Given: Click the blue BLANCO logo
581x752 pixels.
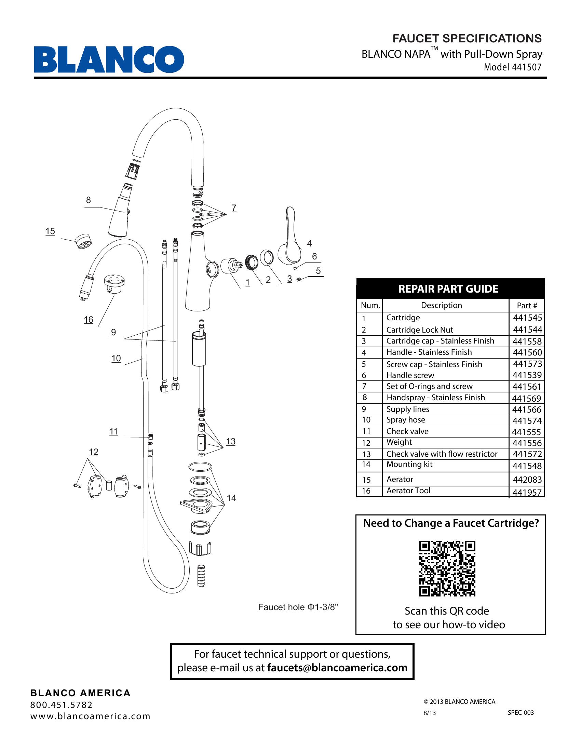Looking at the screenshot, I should pos(109,59).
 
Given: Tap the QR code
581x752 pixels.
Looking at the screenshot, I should pos(447,568).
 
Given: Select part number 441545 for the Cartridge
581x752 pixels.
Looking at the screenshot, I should pos(527,318).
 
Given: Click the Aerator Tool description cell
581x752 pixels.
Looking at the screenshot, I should pos(408,490).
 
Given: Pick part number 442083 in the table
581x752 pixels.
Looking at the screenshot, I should pos(527,479).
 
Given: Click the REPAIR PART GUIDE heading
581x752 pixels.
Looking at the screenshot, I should pos(448,288).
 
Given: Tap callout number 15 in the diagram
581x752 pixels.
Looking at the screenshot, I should pos(50,231).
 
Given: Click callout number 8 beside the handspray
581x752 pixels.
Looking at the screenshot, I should pos(89,200).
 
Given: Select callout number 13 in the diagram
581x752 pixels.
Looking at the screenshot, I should pos(231,441).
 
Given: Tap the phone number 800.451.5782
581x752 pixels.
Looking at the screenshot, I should pos(62,705).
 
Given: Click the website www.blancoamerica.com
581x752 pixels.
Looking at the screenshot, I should pos(91,716).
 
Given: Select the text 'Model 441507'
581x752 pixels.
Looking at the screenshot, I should pos(513,67).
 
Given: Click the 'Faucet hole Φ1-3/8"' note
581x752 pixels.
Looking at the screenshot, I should pos(298,607).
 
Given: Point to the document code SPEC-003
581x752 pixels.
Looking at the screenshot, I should pos(521,712).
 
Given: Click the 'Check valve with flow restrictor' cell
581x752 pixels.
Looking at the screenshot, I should pos(442,454).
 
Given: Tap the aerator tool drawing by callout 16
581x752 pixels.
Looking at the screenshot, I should pos(114,284).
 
